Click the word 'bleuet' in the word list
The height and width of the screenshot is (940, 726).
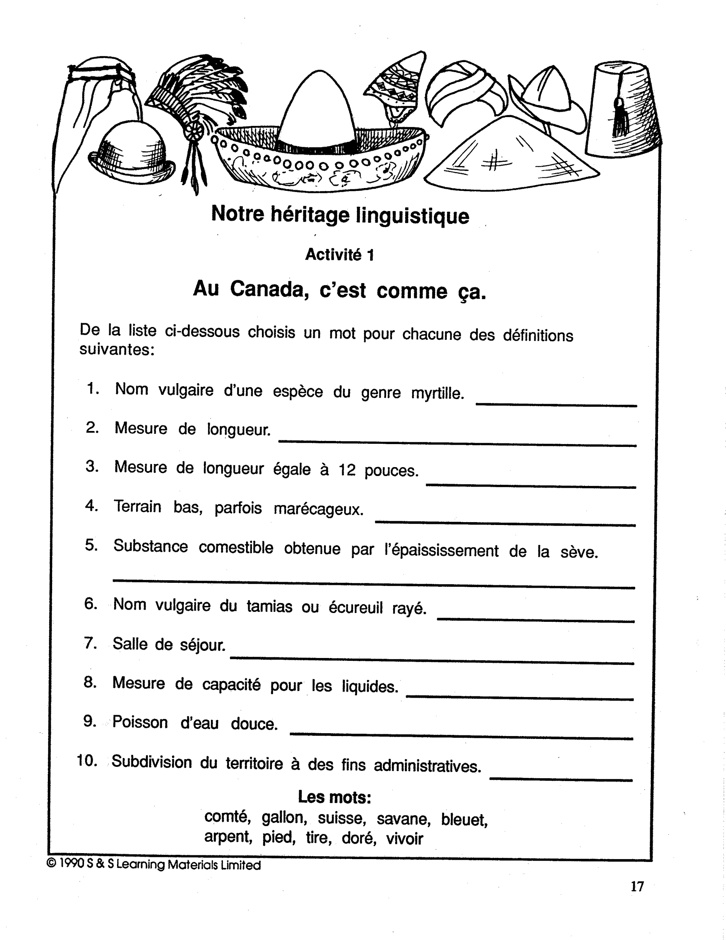pyautogui.click(x=464, y=819)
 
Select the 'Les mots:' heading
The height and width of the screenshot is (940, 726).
pyautogui.click(x=335, y=797)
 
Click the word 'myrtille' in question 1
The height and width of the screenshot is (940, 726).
pyautogui.click(x=437, y=393)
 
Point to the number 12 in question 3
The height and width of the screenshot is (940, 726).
pyautogui.click(x=347, y=470)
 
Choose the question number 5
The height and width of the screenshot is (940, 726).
pyautogui.click(x=91, y=545)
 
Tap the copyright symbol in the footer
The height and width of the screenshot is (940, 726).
pyautogui.click(x=51, y=864)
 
